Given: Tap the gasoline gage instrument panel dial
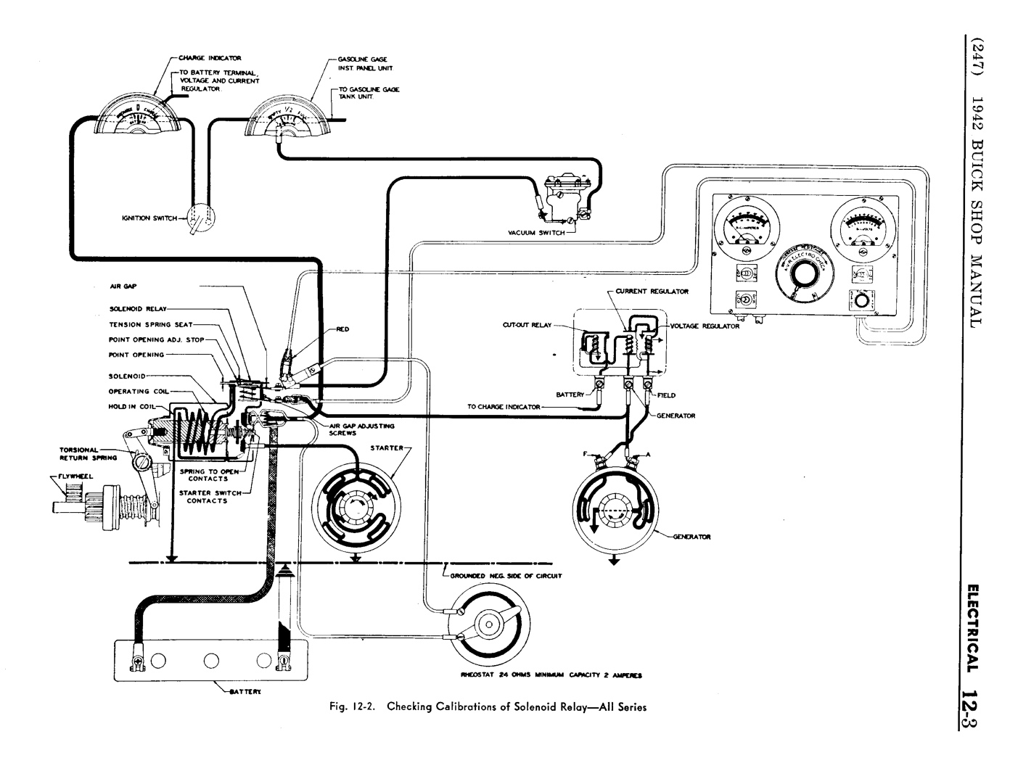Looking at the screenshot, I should (287, 120).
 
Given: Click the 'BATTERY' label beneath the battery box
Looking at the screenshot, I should (246, 692).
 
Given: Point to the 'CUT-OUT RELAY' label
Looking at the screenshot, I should (527, 326).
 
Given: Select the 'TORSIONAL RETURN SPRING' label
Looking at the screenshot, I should (80, 454).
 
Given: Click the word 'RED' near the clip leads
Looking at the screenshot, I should (342, 329).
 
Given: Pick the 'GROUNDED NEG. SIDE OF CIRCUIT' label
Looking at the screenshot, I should (506, 576).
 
